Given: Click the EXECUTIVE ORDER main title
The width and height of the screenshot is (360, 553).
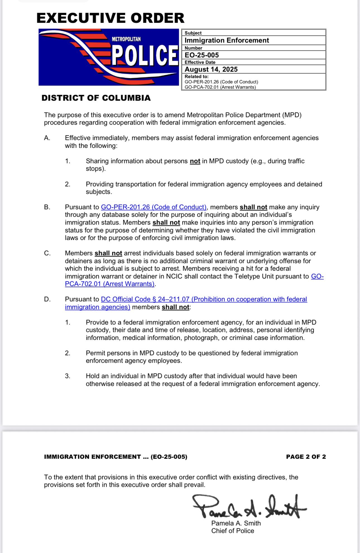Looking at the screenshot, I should click(110, 18).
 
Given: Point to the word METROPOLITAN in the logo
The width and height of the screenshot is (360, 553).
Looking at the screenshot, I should click(126, 39).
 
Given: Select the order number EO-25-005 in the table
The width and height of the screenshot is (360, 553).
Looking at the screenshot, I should click(201, 55).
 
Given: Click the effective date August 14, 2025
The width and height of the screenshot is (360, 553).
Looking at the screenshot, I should click(211, 69).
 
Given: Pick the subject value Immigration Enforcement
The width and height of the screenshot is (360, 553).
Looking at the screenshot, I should click(227, 40).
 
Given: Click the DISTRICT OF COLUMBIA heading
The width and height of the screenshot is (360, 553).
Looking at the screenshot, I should click(96, 98).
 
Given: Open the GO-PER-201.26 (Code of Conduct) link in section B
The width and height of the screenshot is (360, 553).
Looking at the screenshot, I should click(153, 207).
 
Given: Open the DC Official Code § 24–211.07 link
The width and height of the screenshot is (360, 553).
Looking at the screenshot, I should click(204, 299).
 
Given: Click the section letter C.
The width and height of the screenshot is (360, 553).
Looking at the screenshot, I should click(47, 253).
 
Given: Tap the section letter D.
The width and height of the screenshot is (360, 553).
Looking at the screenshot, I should click(47, 299).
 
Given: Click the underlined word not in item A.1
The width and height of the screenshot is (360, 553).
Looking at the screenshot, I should click(195, 161).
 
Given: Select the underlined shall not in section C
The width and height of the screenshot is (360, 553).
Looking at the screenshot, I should click(108, 253).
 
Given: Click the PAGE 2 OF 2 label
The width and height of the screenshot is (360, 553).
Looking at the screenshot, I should click(306, 457).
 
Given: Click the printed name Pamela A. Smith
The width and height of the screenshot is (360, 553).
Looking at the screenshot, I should click(236, 523).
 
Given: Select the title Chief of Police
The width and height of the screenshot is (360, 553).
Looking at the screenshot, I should click(232, 531).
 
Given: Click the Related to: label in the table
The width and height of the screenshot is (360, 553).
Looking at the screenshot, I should click(196, 76).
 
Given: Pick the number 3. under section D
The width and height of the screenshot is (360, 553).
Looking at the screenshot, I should click(68, 376).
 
